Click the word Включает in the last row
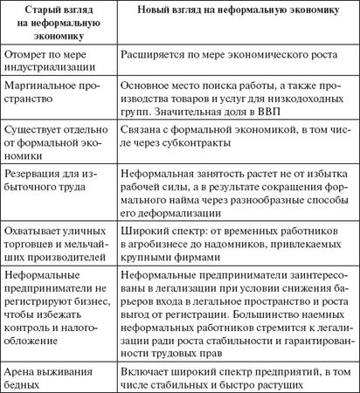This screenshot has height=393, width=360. pyautogui.click(x=144, y=367)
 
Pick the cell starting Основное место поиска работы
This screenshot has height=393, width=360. pyautogui.click(x=237, y=97)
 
